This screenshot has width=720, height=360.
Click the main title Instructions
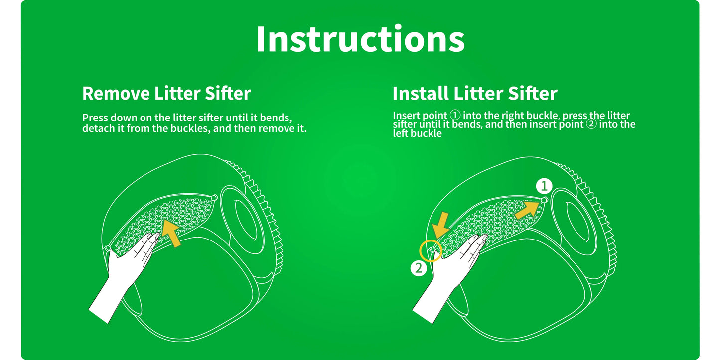[360, 39]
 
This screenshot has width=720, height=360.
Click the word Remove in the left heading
[116, 94]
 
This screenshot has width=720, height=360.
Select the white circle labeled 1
[544, 186]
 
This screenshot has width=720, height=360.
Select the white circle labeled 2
[419, 268]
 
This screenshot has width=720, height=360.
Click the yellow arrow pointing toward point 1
[527, 210]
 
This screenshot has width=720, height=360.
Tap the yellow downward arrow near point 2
[441, 225]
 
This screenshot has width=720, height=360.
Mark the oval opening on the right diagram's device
[578, 222]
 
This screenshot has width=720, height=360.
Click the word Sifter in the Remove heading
[228, 94]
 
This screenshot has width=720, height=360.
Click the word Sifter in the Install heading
[532, 94]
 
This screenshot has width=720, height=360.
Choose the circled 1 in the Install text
[455, 115]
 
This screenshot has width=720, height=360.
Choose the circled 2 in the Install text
[591, 124]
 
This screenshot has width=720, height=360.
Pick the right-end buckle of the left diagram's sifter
[214, 198]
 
